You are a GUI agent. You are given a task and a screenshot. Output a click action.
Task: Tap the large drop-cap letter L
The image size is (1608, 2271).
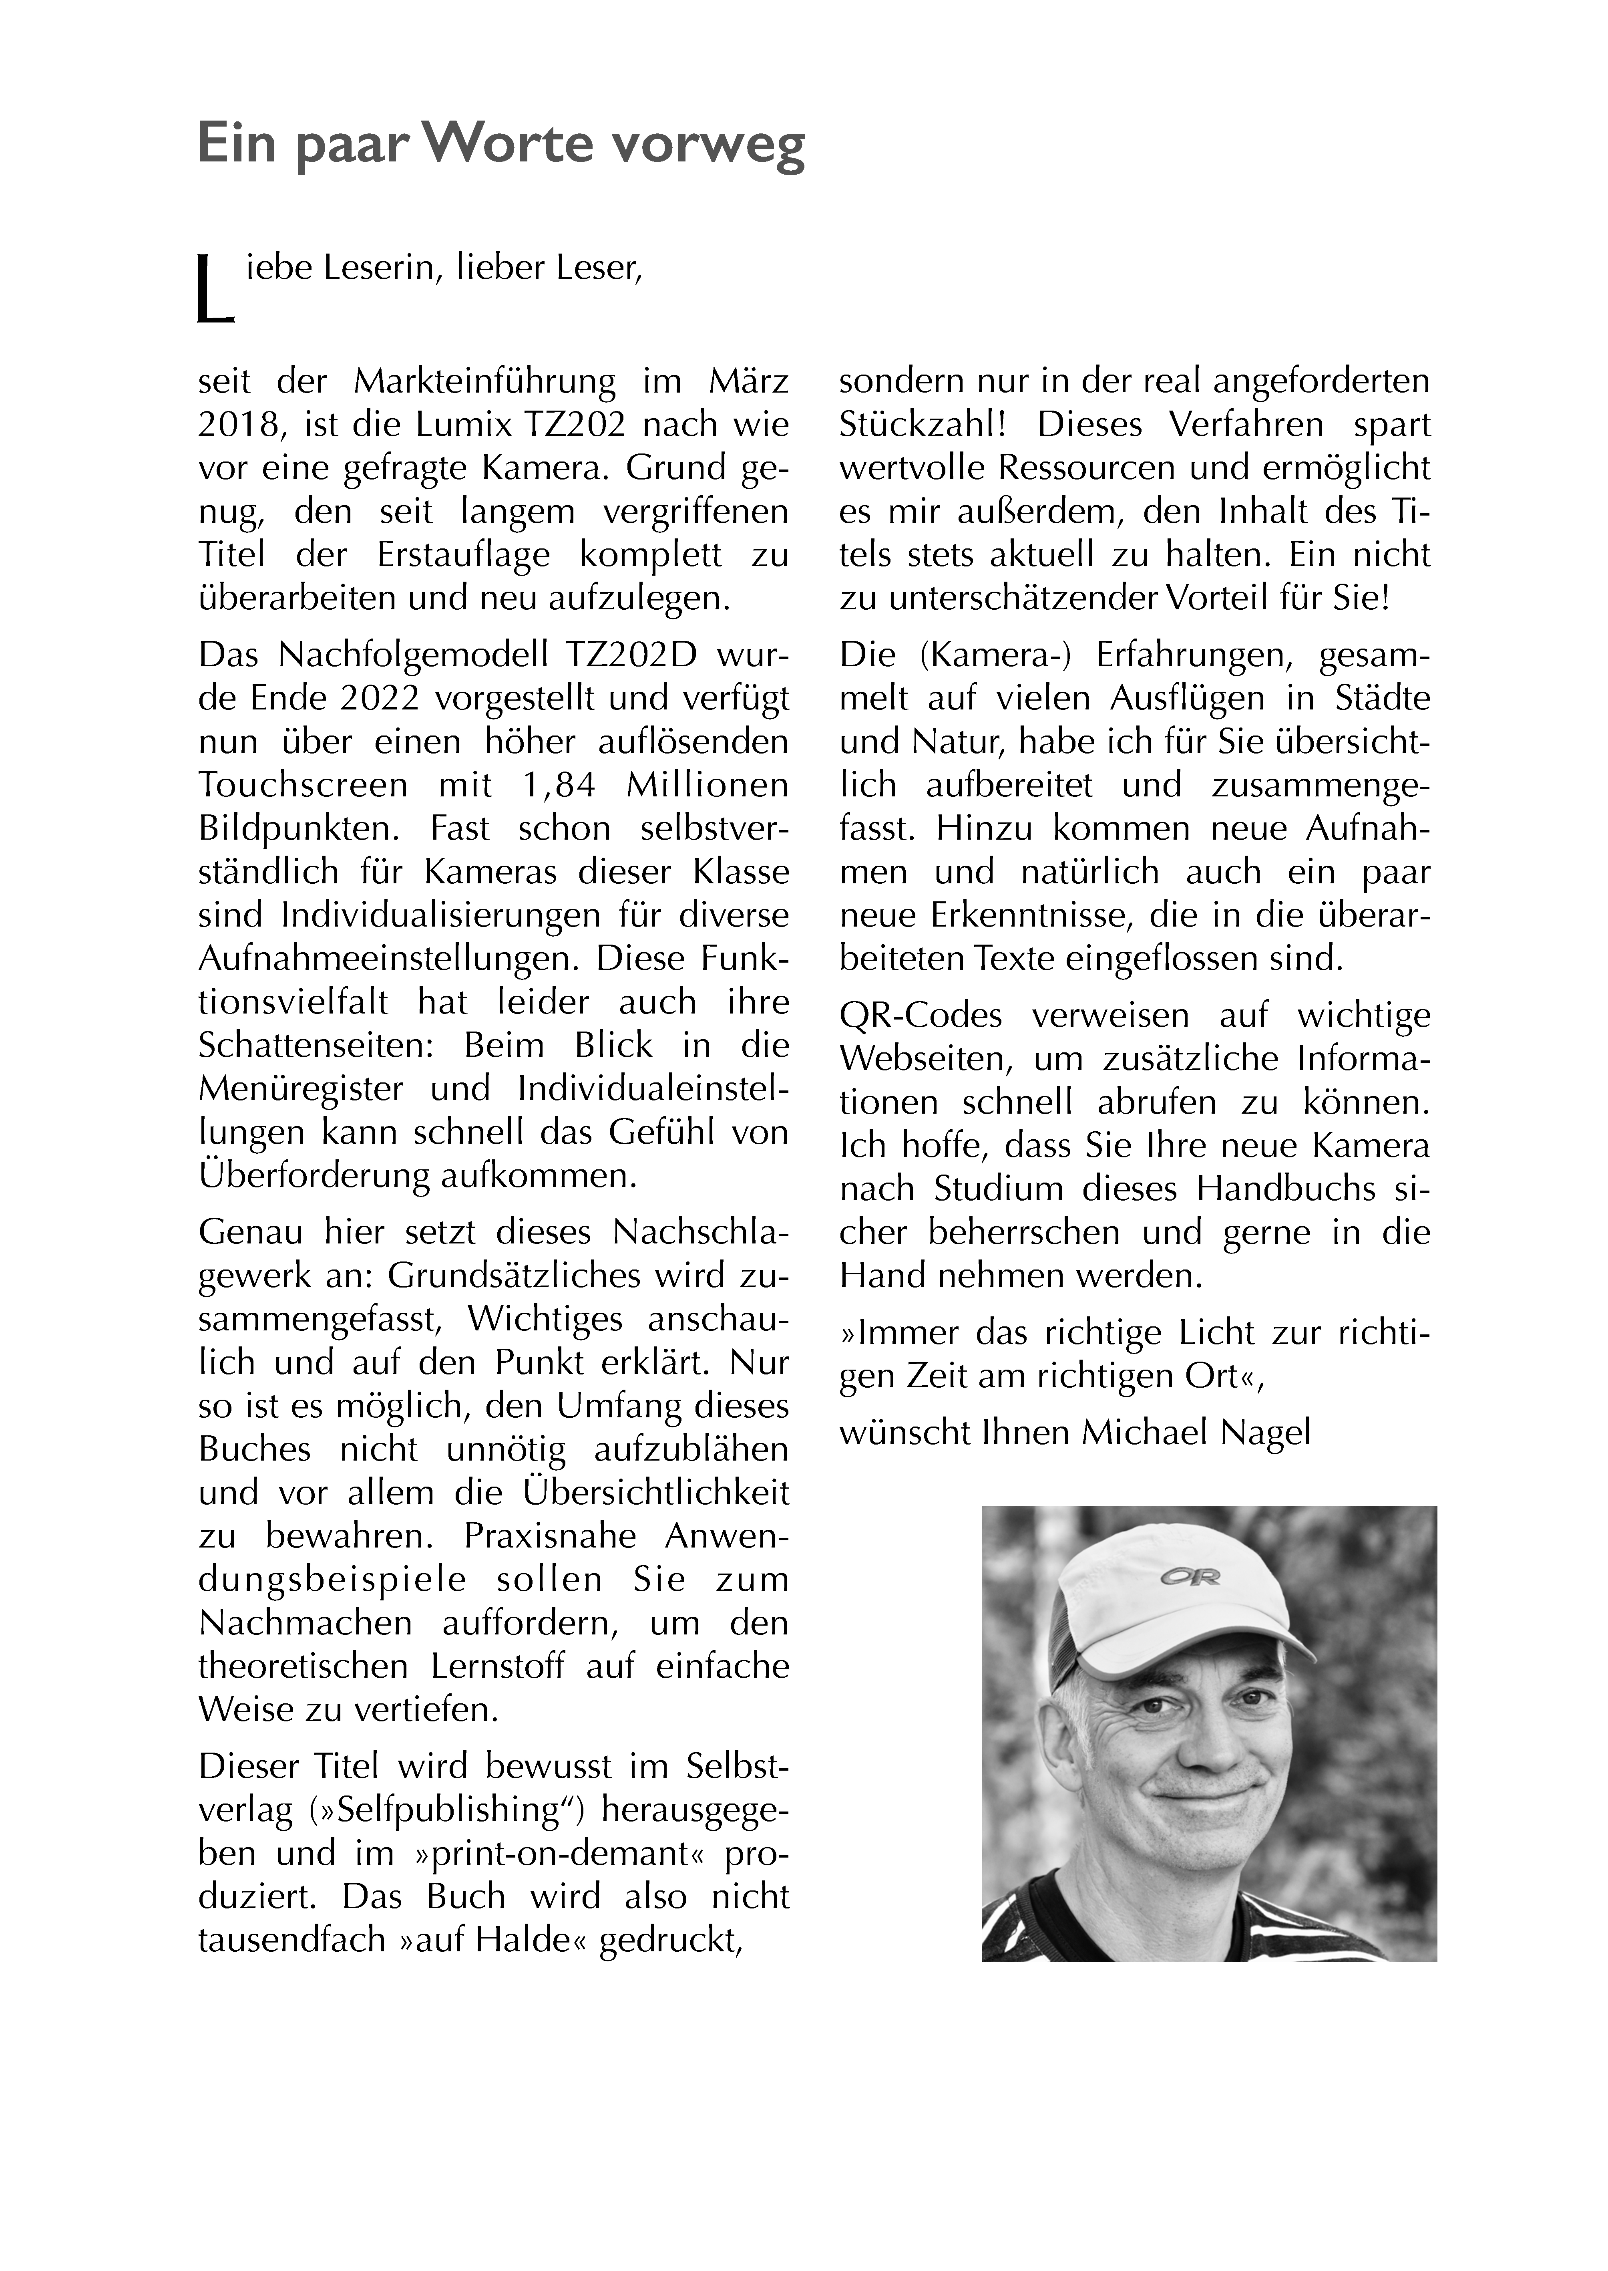215,290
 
